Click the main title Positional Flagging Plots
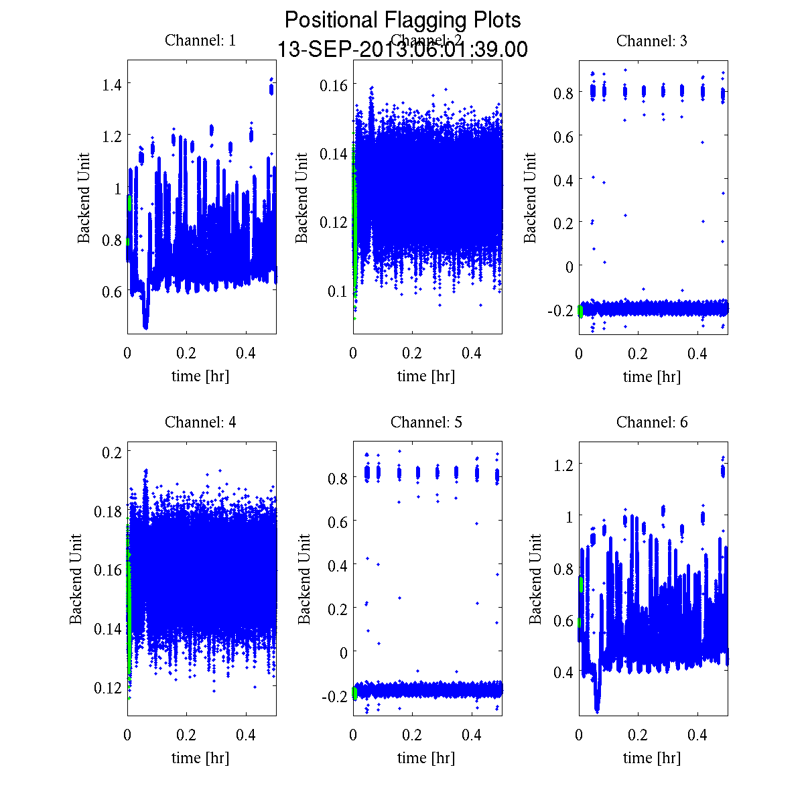point(402,20)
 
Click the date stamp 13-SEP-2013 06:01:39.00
point(402,50)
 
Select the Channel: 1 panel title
point(200,41)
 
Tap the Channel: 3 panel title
point(651,41)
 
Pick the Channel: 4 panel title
point(200,422)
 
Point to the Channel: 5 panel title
point(426,422)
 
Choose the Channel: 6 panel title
point(651,422)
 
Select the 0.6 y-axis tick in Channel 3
point(563,136)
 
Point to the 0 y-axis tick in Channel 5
point(344,652)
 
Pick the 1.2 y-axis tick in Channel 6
point(563,464)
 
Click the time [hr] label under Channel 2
point(426,376)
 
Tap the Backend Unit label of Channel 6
point(535,580)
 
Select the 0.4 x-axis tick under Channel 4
point(246,734)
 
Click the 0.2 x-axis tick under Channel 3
point(638,353)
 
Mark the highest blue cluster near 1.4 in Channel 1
point(271,88)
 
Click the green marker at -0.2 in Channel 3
point(580,310)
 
